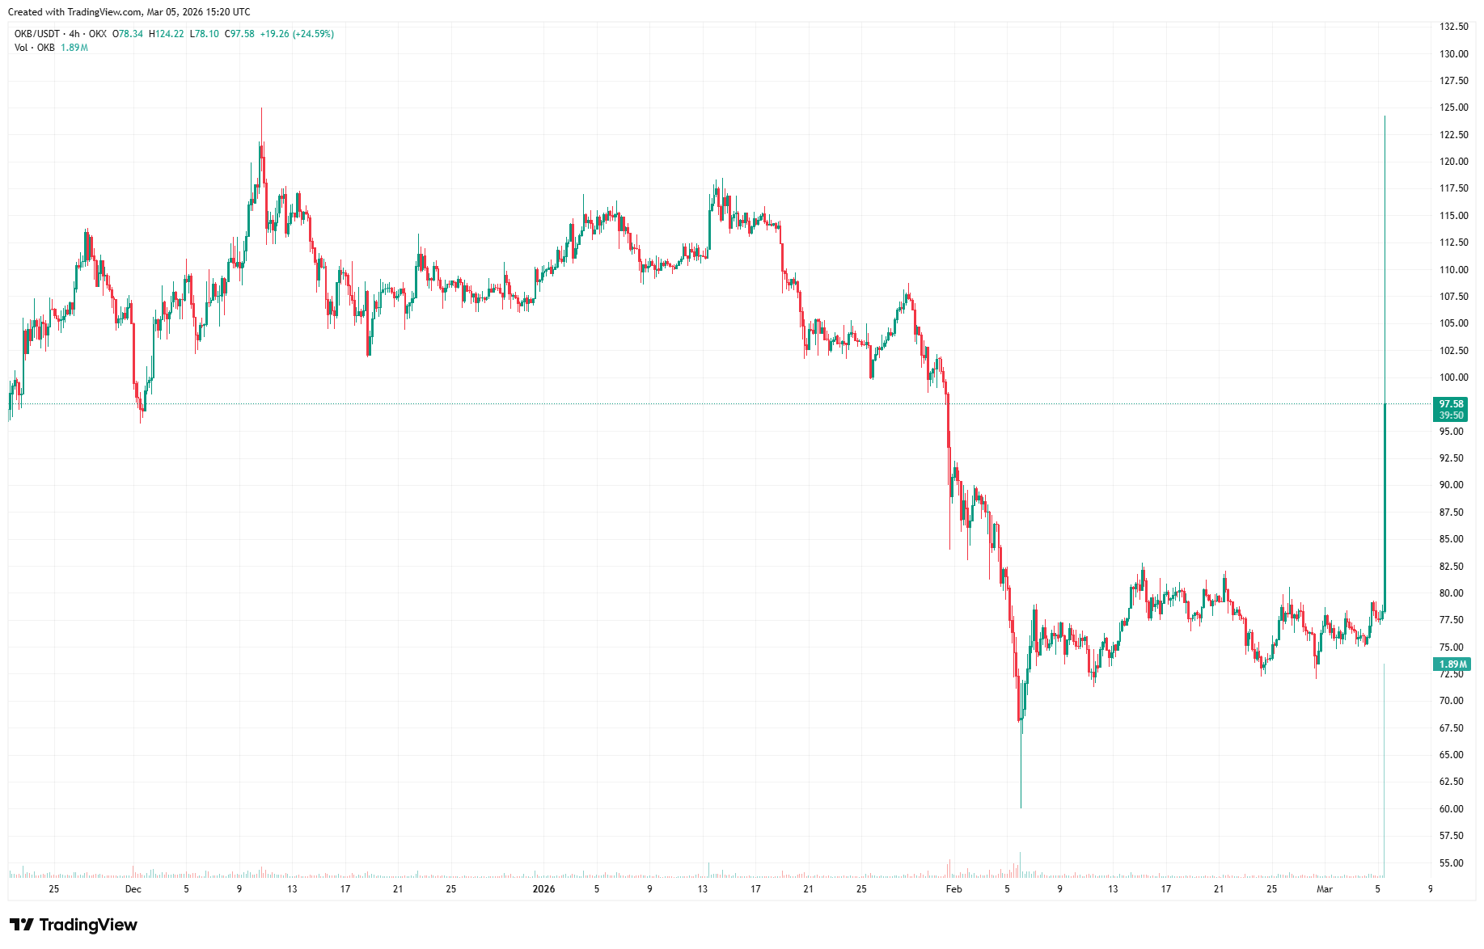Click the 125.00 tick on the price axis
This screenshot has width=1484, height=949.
pyautogui.click(x=1453, y=108)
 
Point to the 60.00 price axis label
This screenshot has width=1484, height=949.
pyautogui.click(x=1451, y=808)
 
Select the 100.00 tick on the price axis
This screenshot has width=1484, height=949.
pyautogui.click(x=1453, y=377)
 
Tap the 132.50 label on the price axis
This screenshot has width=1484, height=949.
pyautogui.click(x=1453, y=27)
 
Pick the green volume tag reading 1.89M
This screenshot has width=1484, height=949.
pyautogui.click(x=1452, y=664)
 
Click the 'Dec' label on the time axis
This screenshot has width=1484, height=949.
pyautogui.click(x=133, y=889)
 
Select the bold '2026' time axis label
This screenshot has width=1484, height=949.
pyautogui.click(x=543, y=889)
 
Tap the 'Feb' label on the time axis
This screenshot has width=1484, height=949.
pyautogui.click(x=954, y=889)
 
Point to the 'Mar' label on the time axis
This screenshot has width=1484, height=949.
pyautogui.click(x=1325, y=889)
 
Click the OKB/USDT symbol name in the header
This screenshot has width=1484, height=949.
pyautogui.click(x=37, y=34)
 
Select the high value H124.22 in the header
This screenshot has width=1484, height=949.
pyautogui.click(x=166, y=34)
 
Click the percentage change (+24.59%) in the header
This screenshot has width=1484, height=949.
pyautogui.click(x=313, y=34)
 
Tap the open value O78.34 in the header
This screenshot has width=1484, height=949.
pyautogui.click(x=128, y=34)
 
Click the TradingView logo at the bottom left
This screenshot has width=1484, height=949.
pyautogui.click(x=74, y=925)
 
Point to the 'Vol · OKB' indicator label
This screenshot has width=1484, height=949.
pyautogui.click(x=35, y=48)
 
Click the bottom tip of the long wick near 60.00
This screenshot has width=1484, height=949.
pyautogui.click(x=1021, y=807)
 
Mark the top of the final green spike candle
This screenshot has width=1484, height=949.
pyautogui.click(x=1385, y=117)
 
